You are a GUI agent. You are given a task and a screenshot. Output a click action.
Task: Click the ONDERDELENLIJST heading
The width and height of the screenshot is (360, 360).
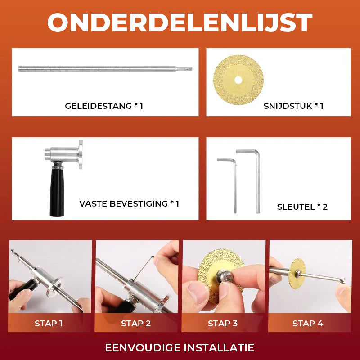click(180, 22)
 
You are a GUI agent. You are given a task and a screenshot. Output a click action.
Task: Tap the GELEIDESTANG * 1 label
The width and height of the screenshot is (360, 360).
click(104, 106)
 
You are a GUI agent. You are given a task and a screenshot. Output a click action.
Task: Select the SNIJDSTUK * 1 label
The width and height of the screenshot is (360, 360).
click(293, 106)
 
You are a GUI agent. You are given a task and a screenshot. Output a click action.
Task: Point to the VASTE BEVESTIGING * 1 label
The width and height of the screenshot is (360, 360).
click(129, 204)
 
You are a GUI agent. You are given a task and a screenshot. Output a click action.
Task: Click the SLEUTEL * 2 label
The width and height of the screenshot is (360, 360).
click(302, 207)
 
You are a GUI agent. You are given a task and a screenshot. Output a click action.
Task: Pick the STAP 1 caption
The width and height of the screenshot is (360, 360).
click(49, 323)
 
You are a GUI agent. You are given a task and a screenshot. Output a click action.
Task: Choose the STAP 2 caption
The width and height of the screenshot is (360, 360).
click(136, 323)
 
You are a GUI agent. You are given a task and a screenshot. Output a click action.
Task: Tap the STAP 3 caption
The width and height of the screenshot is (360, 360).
click(223, 323)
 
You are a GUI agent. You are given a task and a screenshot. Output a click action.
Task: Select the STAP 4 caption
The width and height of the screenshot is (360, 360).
click(308, 323)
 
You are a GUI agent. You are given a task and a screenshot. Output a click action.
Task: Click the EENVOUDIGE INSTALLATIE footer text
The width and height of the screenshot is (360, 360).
click(180, 347)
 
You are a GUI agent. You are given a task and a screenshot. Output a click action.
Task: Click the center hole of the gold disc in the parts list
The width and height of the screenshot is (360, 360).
click(238, 80)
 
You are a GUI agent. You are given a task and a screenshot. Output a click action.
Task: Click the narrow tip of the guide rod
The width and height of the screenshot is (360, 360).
click(189, 69)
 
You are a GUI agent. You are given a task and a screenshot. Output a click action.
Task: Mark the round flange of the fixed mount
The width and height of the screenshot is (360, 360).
click(81, 154)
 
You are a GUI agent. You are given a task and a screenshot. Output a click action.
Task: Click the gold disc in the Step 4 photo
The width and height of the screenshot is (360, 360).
click(297, 273)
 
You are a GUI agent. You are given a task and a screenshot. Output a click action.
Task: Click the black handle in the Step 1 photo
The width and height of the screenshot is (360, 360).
click(22, 289)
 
